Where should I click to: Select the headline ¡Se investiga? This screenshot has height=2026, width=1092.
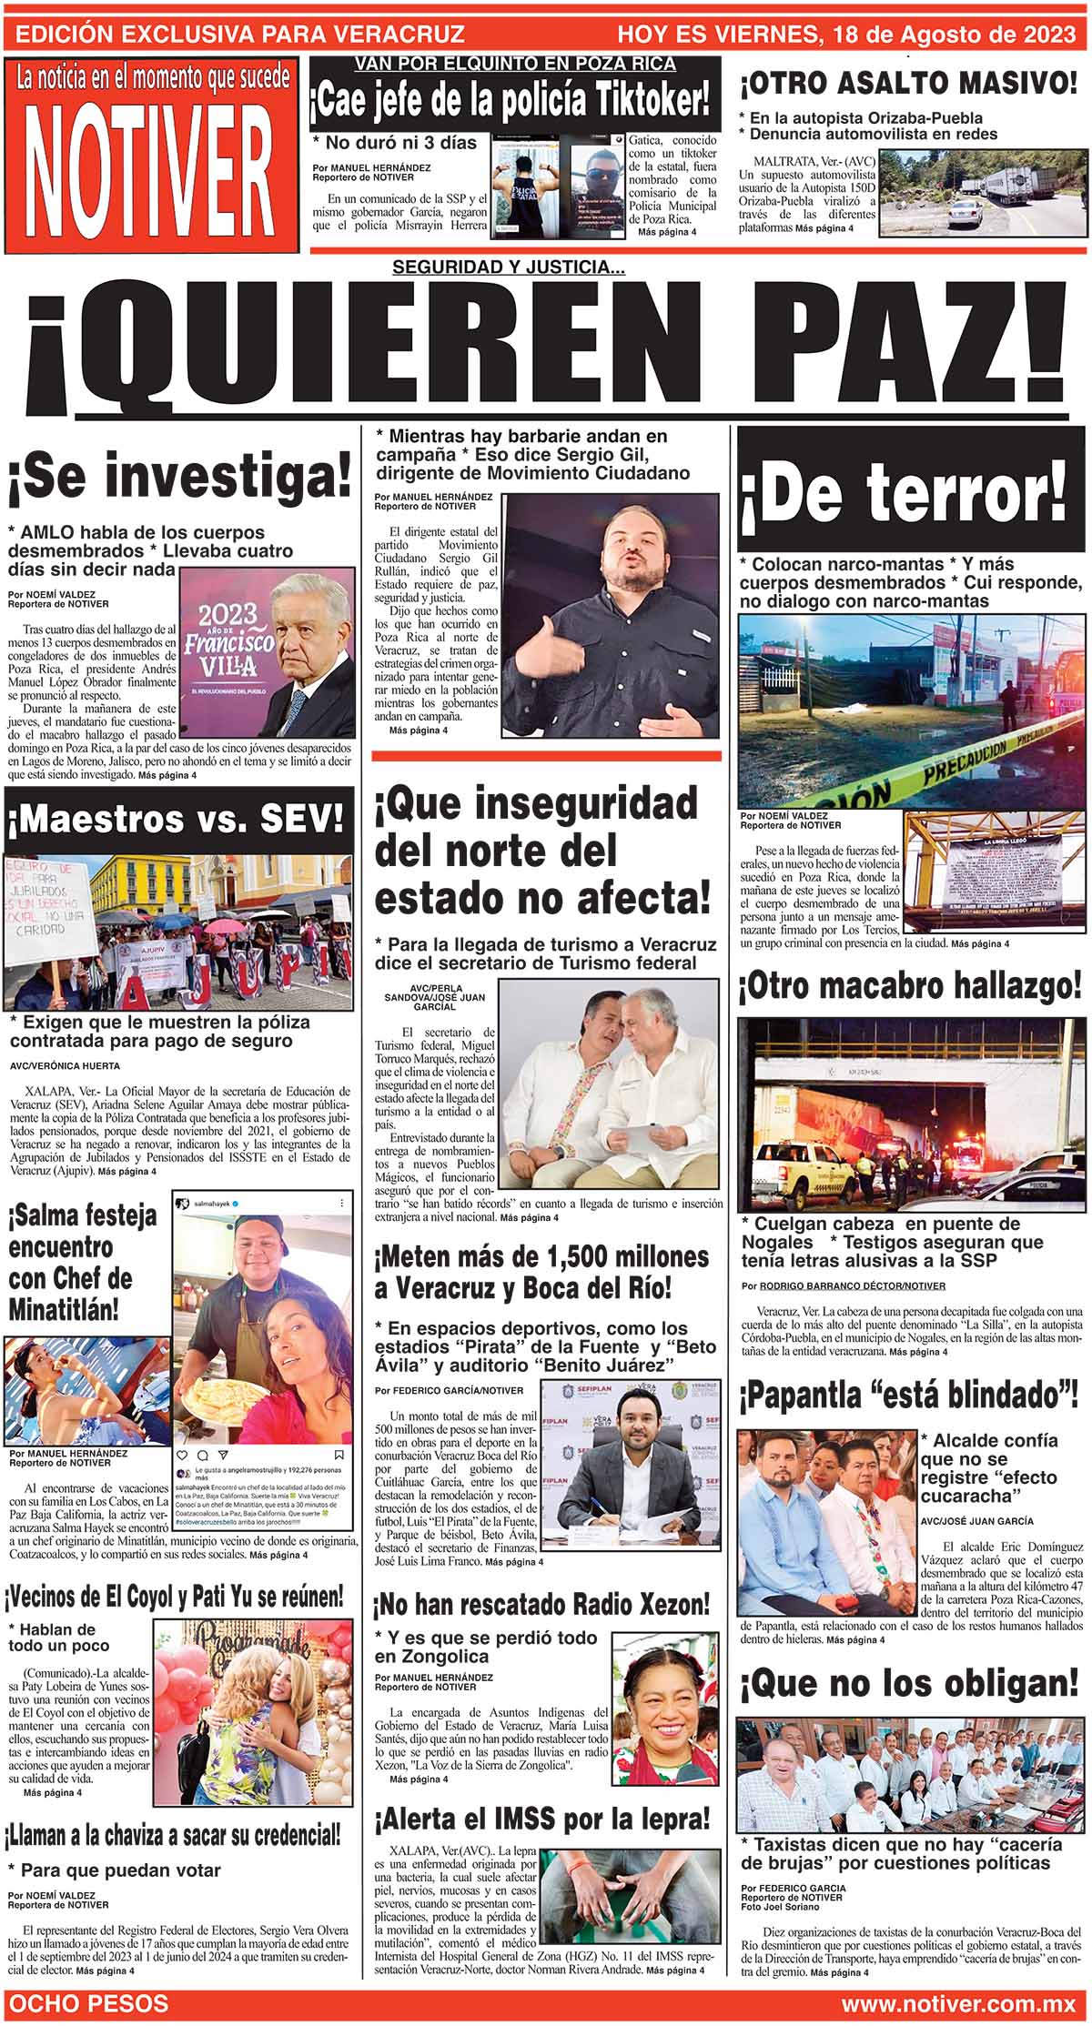pos(179,479)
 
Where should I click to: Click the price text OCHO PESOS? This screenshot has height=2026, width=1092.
pos(88,2004)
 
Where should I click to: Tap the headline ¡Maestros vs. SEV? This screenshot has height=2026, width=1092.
pos(177,819)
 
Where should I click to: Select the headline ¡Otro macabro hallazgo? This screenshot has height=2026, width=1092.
pos(909,986)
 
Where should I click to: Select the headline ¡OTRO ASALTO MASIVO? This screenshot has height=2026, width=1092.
pos(908,85)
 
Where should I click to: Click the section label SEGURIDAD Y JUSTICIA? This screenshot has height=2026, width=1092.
pos(508,267)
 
